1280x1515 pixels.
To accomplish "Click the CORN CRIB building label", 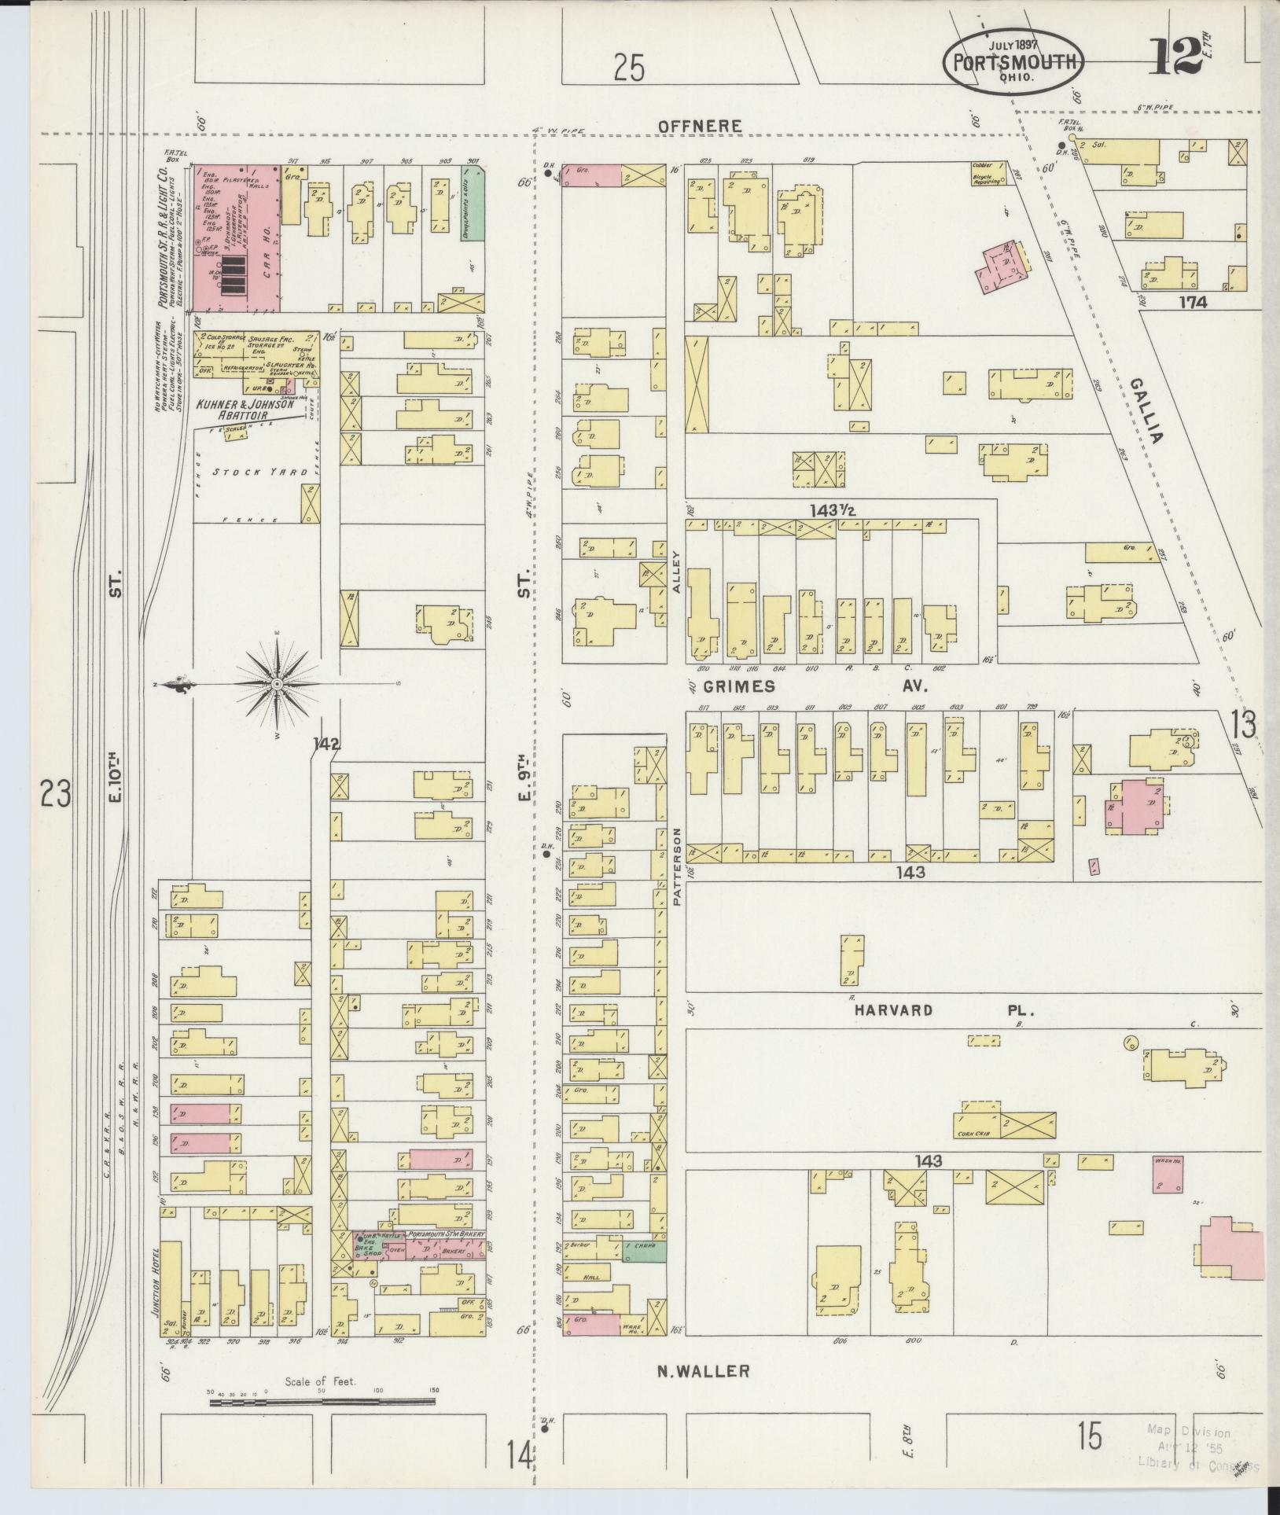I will click(973, 1134).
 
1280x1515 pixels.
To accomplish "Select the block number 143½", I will click(833, 510).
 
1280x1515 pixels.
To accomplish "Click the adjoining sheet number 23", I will click(57, 794).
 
